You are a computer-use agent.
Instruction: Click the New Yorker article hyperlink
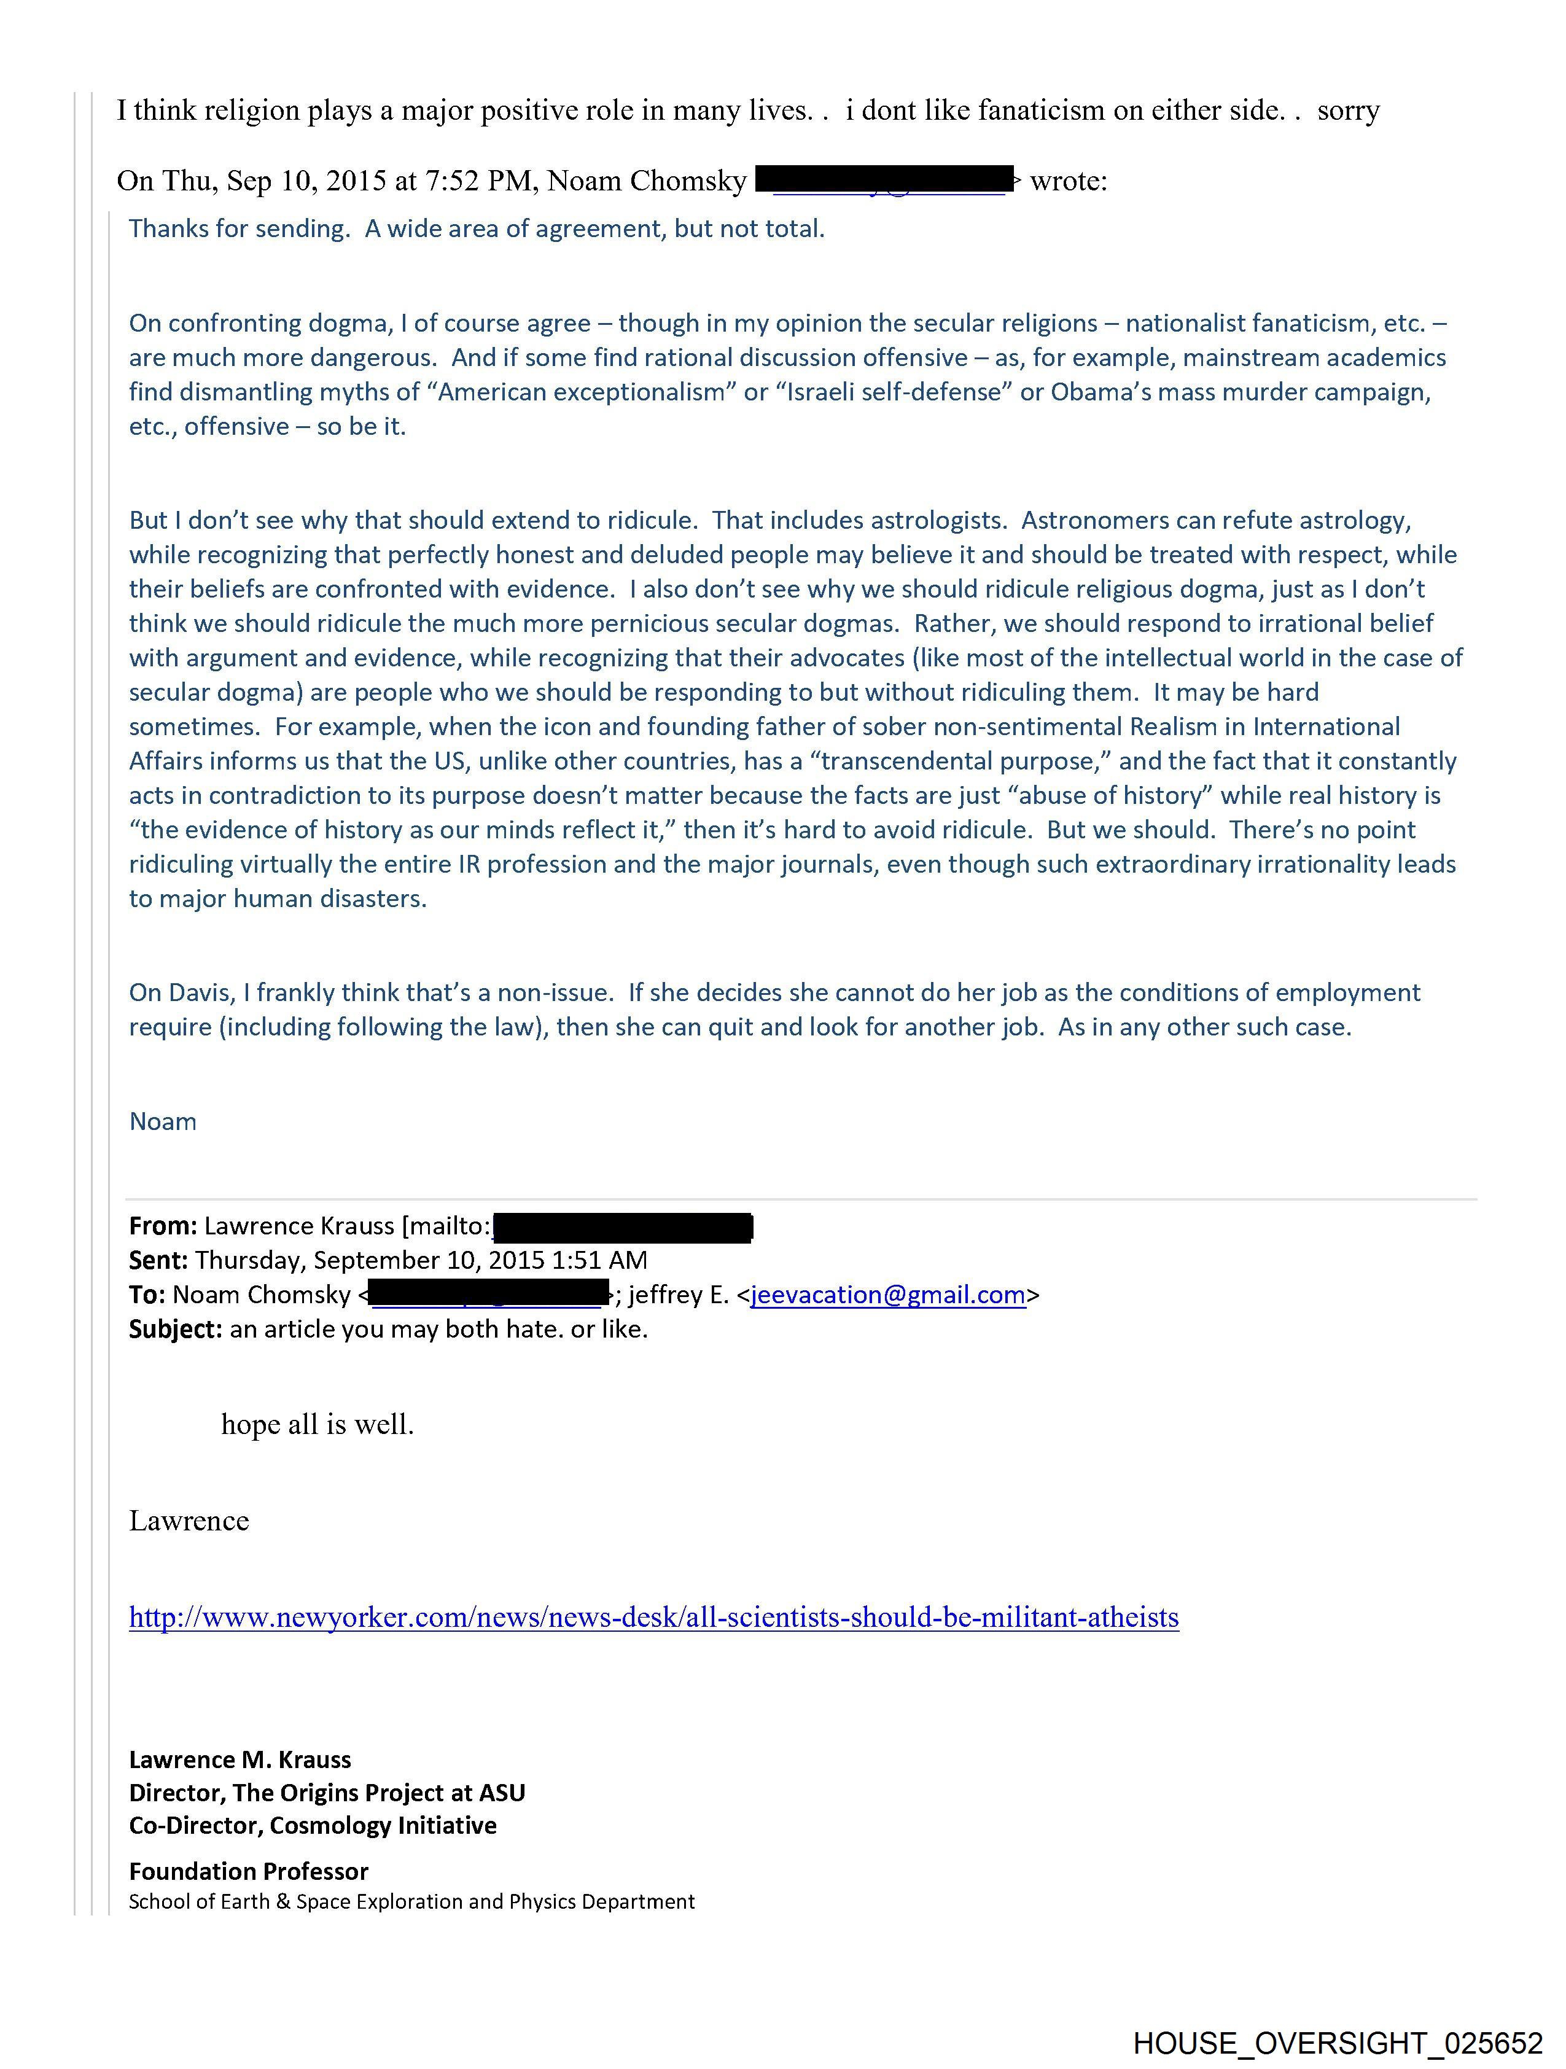tap(653, 1617)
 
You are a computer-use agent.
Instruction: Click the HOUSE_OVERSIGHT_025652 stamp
tap(1337, 2043)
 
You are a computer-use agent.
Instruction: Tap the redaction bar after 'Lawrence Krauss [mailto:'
tap(622, 1226)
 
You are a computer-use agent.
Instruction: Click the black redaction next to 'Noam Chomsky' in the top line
tap(885, 179)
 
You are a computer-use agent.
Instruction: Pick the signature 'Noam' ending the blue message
tap(163, 1121)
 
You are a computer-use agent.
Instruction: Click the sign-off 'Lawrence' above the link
tap(189, 1521)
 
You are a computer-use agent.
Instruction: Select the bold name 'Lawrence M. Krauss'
tap(240, 1759)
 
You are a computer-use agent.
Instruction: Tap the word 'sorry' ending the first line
tap(1348, 111)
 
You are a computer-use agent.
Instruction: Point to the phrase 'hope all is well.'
tap(317, 1425)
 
